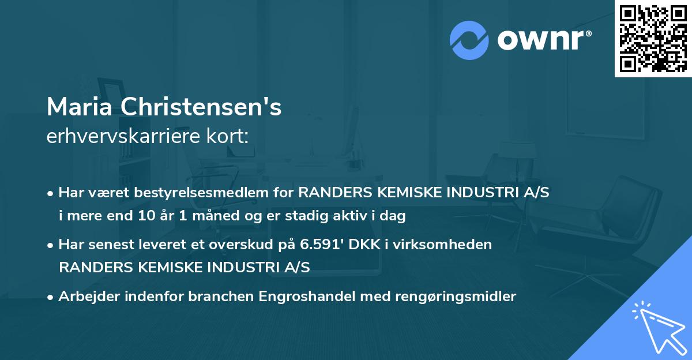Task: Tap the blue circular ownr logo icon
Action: click(x=469, y=40)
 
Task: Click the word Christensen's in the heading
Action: click(x=202, y=107)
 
